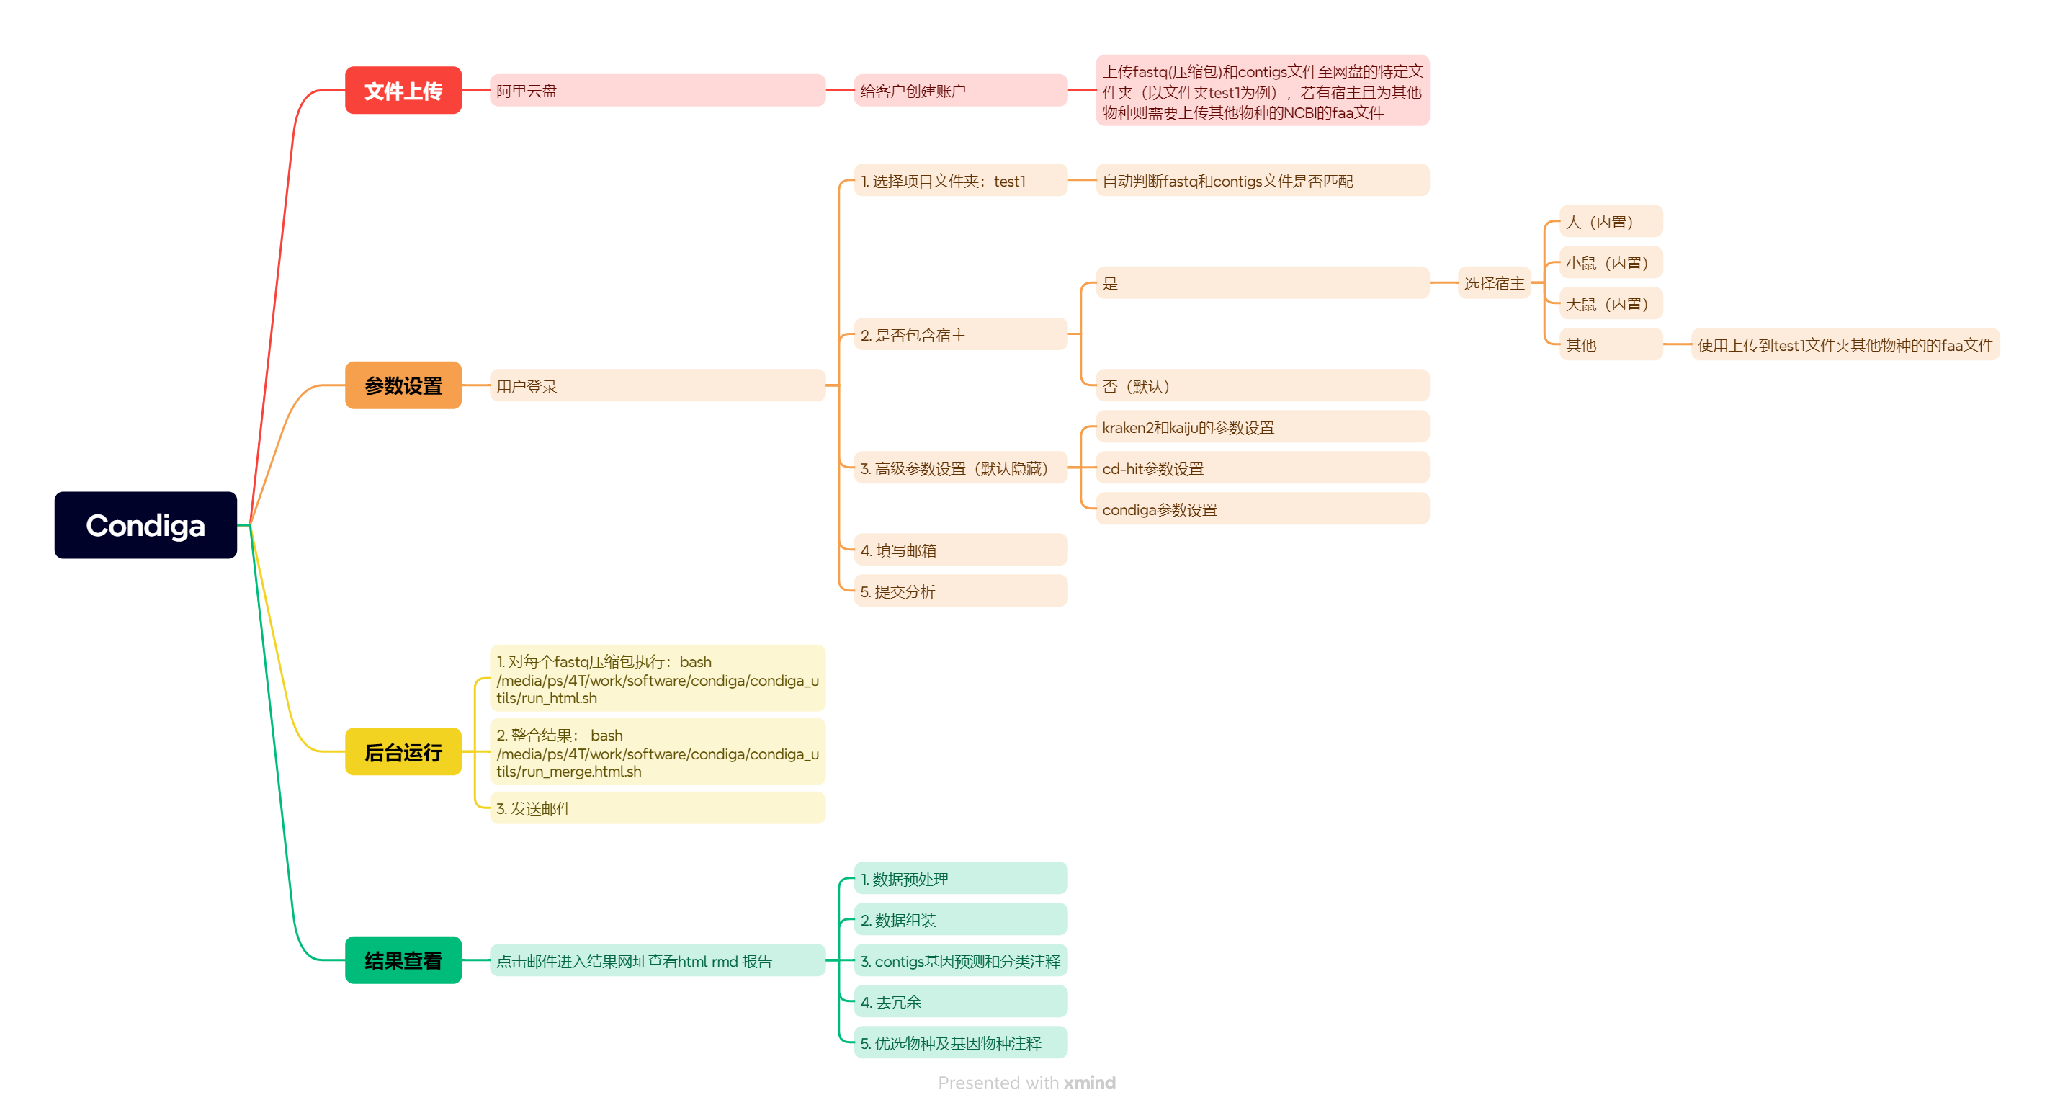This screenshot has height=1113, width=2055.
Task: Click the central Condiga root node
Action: (145, 525)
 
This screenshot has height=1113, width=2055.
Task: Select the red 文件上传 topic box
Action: (403, 91)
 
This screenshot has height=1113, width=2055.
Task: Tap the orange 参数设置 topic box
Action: (403, 385)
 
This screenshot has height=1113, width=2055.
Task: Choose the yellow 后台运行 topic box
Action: (403, 751)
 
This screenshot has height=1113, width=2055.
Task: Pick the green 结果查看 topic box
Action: (403, 960)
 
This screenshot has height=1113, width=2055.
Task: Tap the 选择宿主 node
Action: (1493, 283)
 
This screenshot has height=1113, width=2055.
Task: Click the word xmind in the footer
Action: (1089, 1083)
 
